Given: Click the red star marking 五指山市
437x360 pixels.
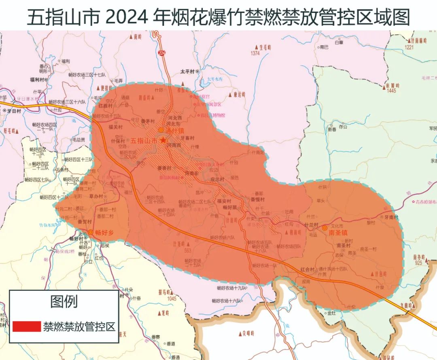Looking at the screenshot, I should pyautogui.click(x=163, y=140).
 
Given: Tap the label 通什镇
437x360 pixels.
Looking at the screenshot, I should pyautogui.click(x=174, y=131).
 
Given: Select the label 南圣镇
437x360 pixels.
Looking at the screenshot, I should pyautogui.click(x=339, y=233).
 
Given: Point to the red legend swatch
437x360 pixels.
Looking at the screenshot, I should pyautogui.click(x=27, y=326).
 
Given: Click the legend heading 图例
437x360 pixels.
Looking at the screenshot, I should pyautogui.click(x=64, y=301).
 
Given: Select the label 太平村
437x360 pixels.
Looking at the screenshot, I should pyautogui.click(x=187, y=71).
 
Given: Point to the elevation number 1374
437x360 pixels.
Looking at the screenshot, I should pyautogui.click(x=255, y=53).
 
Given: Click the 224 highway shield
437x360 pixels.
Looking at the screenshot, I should pyautogui.click(x=163, y=53).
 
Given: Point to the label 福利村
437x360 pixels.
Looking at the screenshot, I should pyautogui.click(x=37, y=80).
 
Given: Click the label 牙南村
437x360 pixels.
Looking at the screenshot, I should pyautogui.click(x=391, y=217).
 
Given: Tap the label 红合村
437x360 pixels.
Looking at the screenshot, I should pyautogui.click(x=308, y=269).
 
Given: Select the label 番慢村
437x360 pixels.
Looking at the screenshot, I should pyautogui.click(x=257, y=200).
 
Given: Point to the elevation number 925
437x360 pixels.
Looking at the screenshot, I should pyautogui.click(x=418, y=263).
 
